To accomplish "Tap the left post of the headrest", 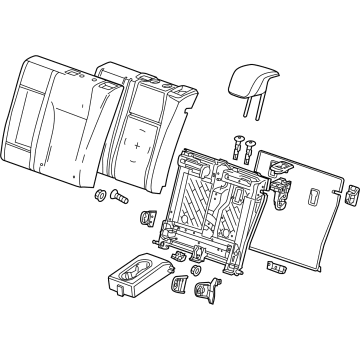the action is coord(241,105).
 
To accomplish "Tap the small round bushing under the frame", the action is coord(194,272).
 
